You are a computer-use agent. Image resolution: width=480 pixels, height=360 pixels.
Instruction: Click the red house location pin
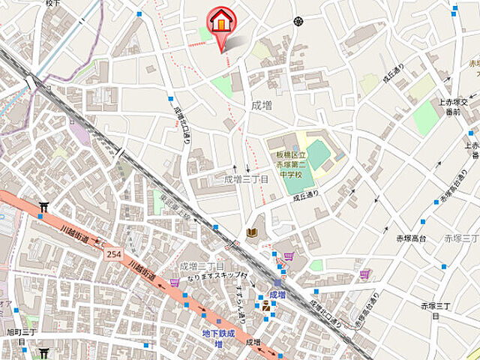221,22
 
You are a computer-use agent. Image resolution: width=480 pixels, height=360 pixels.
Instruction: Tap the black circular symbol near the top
298,22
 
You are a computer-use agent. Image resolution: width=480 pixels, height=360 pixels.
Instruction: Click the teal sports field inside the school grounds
318,154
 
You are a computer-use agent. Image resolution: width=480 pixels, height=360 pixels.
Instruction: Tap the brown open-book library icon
253,234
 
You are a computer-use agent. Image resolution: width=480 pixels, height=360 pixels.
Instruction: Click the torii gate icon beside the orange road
43,207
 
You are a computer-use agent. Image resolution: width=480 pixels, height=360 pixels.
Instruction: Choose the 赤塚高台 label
412,238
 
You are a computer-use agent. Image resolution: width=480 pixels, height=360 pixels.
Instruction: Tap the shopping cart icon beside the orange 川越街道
175,282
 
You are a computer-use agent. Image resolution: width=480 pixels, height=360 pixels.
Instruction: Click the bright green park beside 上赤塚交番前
425,118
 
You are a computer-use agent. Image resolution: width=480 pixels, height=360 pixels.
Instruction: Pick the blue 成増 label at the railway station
277,295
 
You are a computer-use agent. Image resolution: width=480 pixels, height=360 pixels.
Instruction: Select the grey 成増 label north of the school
262,105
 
